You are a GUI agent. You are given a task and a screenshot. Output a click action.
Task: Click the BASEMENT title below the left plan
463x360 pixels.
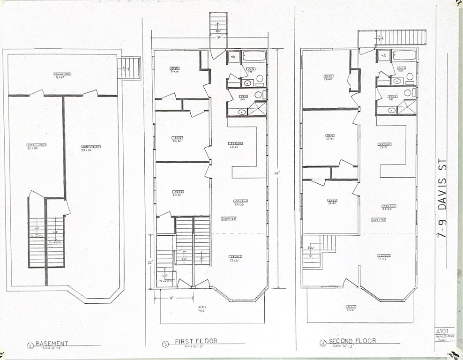click(52, 343)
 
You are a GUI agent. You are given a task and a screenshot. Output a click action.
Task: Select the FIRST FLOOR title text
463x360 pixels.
click(196, 341)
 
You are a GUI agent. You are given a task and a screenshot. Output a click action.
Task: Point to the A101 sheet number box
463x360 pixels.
click(444, 330)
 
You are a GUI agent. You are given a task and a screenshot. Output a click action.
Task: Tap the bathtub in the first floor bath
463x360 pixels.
click(254, 56)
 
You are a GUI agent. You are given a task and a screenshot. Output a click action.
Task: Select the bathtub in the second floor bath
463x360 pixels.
click(404, 55)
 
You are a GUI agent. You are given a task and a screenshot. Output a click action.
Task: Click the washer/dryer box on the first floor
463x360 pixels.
click(233, 57)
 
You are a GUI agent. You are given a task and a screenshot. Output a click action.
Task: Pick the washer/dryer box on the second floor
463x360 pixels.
click(384, 55)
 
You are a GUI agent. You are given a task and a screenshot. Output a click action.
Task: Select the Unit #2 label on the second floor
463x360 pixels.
click(379, 219)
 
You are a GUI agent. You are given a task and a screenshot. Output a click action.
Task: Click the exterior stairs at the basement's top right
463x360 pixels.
click(130, 68)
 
